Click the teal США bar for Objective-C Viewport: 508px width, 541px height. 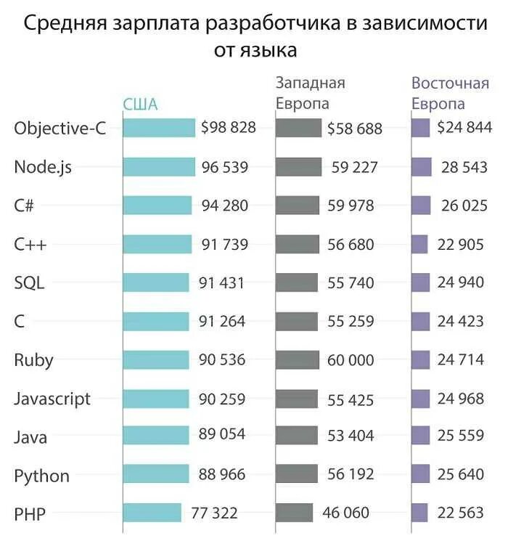(x=159, y=128)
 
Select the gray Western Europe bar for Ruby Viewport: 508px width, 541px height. (x=298, y=359)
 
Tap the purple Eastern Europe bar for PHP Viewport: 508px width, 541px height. (x=420, y=512)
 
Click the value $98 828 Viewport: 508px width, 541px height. (x=229, y=128)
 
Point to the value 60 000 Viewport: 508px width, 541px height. (x=351, y=360)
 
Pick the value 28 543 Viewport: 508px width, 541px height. (x=464, y=167)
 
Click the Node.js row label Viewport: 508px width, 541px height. (x=43, y=167)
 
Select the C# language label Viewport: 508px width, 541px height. (x=25, y=206)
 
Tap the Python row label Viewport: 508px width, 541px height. (x=42, y=476)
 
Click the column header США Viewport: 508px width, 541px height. (x=140, y=104)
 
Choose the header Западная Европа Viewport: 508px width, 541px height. (x=310, y=93)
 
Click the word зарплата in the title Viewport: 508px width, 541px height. (x=156, y=23)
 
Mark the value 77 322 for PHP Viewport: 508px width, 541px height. (x=214, y=513)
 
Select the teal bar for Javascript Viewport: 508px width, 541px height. (x=155, y=398)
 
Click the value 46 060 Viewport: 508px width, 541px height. (x=345, y=513)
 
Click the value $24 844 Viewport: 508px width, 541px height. (x=464, y=128)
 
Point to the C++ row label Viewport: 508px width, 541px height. (x=30, y=245)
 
